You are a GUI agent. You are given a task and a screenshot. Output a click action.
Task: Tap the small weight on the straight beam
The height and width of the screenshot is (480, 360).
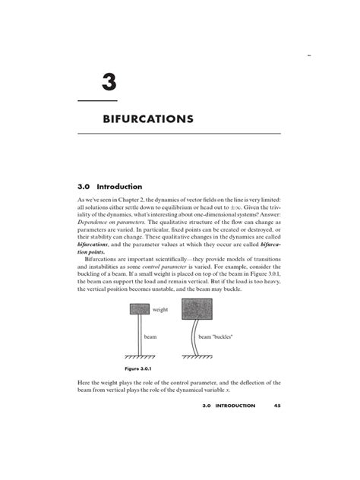click(139, 309)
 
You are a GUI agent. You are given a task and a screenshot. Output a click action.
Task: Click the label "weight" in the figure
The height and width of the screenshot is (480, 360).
click(160, 310)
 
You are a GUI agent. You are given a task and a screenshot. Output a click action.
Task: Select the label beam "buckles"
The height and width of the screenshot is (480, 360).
click(216, 335)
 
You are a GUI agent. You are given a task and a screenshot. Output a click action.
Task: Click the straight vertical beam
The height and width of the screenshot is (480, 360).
click(139, 334)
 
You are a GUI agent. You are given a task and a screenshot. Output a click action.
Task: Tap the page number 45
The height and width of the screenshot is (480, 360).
click(277, 406)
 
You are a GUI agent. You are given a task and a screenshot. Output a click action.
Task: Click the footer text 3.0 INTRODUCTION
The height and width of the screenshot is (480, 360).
click(232, 406)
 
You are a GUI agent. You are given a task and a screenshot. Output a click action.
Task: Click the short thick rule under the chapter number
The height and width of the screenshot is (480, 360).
click(98, 100)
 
